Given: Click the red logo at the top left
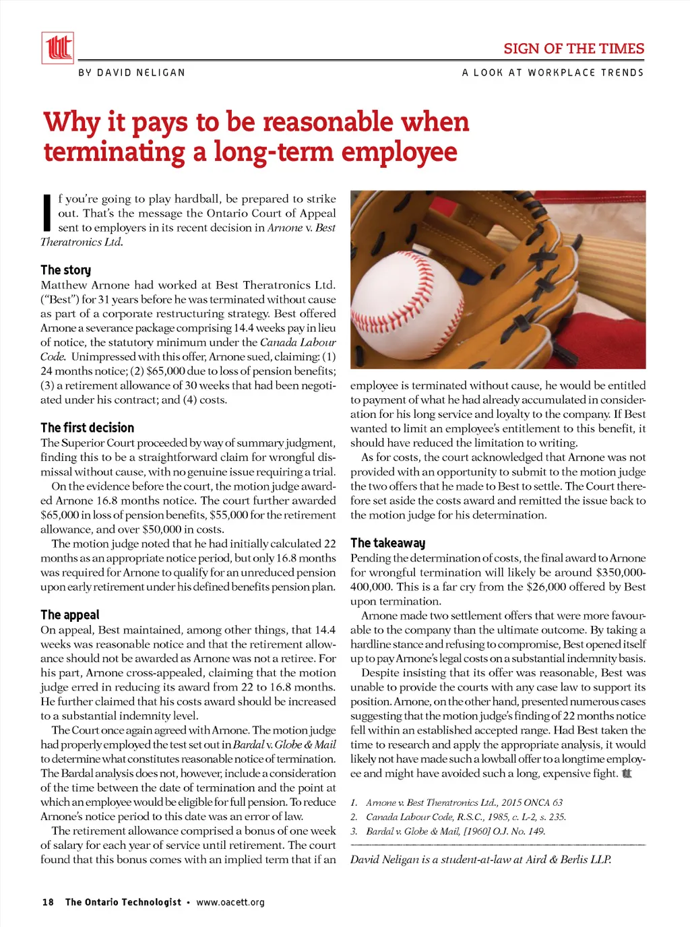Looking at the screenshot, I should click(58, 48).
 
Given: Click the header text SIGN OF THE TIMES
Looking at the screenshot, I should click(573, 49).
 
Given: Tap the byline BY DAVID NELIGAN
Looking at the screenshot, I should click(131, 73).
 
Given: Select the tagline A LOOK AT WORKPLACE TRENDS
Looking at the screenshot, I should click(553, 73).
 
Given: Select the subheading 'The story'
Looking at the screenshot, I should click(65, 270).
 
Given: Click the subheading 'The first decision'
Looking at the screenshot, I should click(87, 428).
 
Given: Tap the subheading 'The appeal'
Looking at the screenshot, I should click(69, 615).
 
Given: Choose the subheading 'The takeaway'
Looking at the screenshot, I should click(387, 543).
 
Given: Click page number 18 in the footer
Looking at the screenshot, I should click(48, 902).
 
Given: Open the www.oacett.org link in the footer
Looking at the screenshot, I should click(230, 902).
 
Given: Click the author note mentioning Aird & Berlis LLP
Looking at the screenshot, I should click(480, 859).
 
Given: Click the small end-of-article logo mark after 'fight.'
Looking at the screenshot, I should click(627, 773).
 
